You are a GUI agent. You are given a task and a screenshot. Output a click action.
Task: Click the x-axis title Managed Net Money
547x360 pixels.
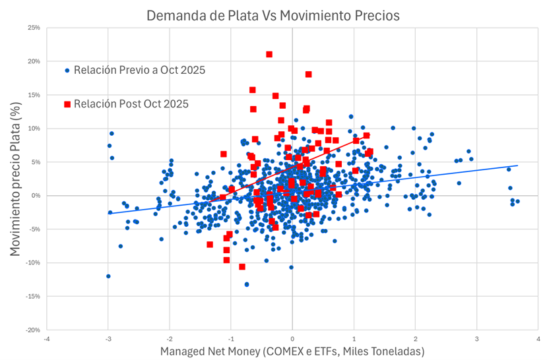292,351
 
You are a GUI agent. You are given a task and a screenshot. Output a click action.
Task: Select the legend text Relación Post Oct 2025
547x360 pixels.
131,104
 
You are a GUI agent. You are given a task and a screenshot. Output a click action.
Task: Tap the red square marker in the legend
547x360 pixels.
67,104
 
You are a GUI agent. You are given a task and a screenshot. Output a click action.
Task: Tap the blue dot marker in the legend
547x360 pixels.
67,70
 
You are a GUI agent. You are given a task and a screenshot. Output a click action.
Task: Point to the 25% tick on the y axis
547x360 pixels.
32,28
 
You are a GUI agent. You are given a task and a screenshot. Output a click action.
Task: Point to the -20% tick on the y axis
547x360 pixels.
31,330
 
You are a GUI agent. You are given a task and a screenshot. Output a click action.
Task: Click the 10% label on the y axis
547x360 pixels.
32,129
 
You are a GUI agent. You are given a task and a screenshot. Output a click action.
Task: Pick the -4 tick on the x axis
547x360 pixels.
46,339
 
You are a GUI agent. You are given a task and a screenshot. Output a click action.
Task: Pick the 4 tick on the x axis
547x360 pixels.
538,339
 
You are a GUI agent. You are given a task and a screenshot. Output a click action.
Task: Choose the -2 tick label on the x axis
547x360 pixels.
169,339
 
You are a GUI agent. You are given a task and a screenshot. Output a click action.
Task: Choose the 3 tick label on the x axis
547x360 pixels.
477,339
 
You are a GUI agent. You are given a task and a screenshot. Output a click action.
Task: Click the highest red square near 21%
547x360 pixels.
269,54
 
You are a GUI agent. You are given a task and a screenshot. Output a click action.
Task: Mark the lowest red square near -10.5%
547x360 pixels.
242,266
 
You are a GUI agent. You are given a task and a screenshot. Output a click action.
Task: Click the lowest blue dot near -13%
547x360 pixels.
247,284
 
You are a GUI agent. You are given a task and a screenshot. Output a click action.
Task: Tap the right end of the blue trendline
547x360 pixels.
517,165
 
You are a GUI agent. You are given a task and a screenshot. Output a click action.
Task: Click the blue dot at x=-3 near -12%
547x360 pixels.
108,276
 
